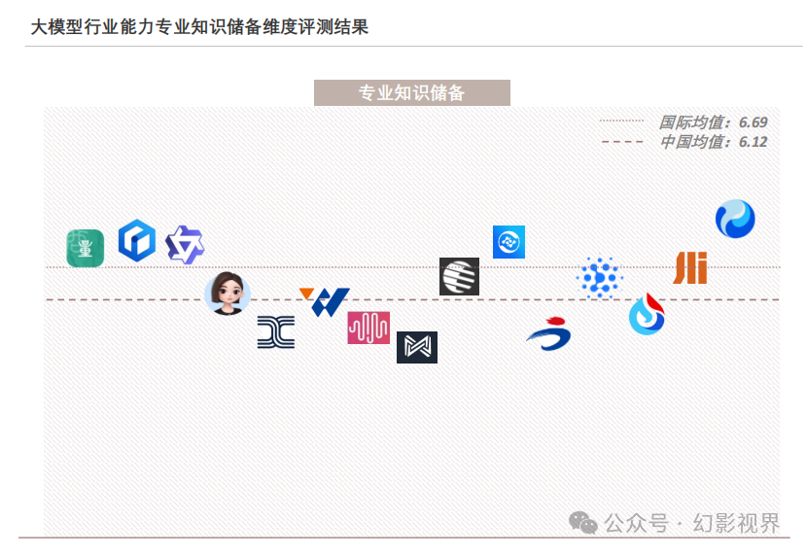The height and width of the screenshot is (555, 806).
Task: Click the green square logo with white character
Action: tap(85, 248)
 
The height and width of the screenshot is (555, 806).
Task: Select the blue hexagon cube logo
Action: tap(136, 240)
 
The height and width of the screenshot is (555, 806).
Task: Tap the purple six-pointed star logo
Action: tap(185, 245)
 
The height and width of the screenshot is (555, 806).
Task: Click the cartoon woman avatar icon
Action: tap(228, 293)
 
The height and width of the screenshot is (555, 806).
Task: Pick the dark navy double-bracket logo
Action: tap(276, 332)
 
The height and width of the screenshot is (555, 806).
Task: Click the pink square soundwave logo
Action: tap(368, 328)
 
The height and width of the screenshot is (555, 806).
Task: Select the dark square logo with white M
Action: tap(417, 347)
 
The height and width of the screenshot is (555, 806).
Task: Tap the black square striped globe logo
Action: tap(459, 276)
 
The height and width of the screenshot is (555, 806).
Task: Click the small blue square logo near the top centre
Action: tap(508, 241)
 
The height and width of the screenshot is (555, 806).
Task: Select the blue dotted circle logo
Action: tap(599, 278)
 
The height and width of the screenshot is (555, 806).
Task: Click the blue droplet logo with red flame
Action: tap(647, 314)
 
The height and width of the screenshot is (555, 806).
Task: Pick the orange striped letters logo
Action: tap(690, 267)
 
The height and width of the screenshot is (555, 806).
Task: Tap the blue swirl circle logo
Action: tap(735, 219)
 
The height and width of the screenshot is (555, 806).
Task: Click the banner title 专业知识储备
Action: tap(411, 93)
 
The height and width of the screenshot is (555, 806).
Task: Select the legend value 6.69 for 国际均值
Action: tap(753, 122)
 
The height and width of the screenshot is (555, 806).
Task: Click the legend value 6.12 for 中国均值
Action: tap(753, 142)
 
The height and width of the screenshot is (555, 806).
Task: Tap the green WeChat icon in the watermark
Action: tap(583, 524)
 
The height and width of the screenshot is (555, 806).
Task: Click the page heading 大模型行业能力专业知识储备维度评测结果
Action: tap(199, 26)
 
